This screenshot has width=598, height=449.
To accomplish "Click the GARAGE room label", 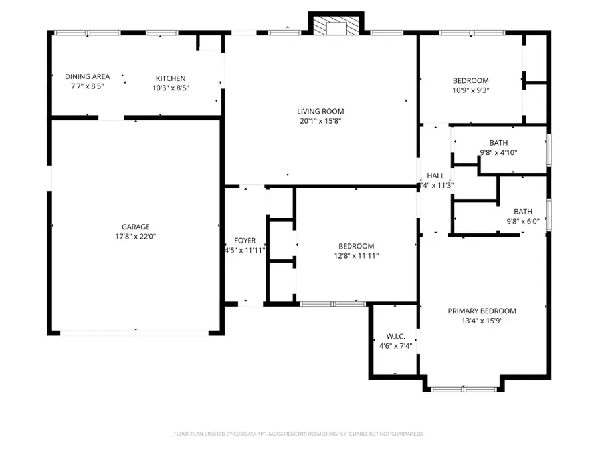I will coord(135,226).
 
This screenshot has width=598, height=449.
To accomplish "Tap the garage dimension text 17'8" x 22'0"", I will coord(135,236).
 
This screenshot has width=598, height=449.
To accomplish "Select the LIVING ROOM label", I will coord(320,111).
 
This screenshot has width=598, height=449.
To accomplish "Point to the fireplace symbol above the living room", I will coord(336,25).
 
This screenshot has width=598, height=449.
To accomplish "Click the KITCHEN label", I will coord(171,78).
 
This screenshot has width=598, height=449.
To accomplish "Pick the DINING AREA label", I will coord(87,76).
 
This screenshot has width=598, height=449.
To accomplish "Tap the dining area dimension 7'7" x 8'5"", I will coord(87,86).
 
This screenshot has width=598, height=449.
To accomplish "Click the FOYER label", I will coord(245,241).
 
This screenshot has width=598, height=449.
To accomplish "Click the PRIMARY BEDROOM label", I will coord(482,311).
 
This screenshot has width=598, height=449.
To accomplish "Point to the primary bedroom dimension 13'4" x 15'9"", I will coord(482,321).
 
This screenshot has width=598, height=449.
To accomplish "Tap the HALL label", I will coord(435,176).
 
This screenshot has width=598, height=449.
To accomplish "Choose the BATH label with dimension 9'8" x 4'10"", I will coord(498,142).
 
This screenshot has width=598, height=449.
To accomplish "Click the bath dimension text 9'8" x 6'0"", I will coord(522,222).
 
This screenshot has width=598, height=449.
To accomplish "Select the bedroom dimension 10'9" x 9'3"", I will coord(470,90).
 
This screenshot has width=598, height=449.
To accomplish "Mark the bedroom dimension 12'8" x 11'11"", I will coord(356,255).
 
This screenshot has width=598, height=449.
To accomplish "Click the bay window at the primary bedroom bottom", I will coord(463,389).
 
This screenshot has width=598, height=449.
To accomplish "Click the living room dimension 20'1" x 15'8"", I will coord(320,121).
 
